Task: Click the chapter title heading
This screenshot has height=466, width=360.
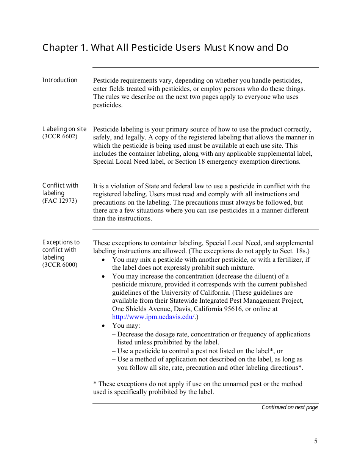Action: [165, 48]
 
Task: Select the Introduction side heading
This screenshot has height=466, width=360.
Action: [59, 80]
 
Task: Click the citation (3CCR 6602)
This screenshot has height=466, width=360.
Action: [60, 136]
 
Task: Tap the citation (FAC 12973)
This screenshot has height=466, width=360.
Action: [59, 200]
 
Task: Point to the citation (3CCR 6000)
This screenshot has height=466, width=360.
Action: [60, 264]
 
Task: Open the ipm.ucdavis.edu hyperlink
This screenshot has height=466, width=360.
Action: [153, 317]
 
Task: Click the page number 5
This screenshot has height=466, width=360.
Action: [316, 441]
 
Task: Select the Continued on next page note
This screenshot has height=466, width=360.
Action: [290, 407]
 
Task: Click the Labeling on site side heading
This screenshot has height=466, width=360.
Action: [64, 129]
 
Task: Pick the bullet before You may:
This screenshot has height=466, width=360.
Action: [104, 326]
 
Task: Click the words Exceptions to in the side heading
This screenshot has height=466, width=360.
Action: [61, 242]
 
